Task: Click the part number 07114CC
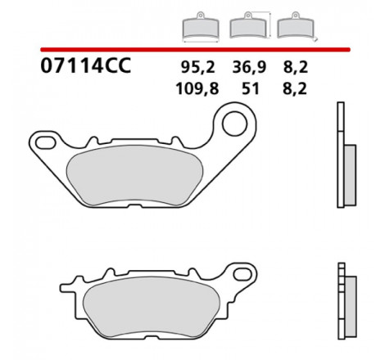(86, 65)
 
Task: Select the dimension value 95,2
(198, 67)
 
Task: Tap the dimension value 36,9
(249, 67)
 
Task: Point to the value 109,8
(197, 89)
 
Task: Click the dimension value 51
(251, 89)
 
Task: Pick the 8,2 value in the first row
(296, 67)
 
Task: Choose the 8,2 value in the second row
(295, 89)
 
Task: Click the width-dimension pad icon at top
(201, 27)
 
